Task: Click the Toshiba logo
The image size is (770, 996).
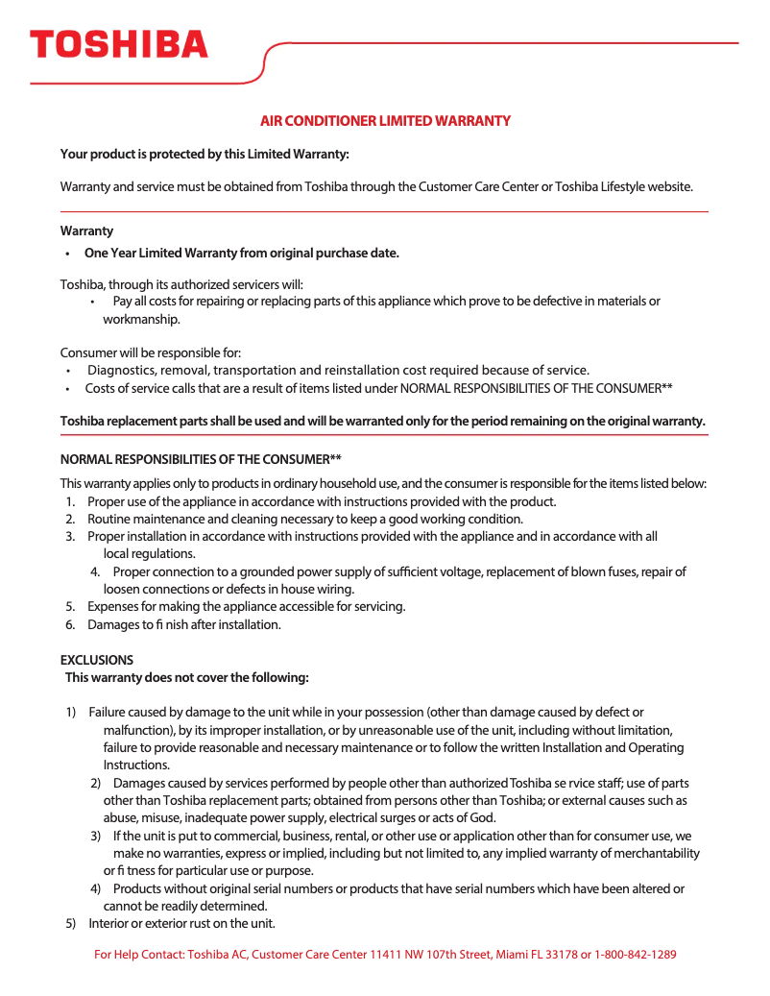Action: [x=118, y=44]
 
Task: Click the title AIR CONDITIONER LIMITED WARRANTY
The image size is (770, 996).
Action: [x=385, y=121]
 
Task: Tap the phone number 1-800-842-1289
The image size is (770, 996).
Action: [x=636, y=955]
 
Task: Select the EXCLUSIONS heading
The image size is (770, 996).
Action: [x=97, y=660]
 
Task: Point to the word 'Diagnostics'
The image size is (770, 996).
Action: [x=121, y=370]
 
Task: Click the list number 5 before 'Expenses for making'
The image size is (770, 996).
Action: [x=70, y=606]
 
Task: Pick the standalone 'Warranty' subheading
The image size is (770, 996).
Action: [x=86, y=231]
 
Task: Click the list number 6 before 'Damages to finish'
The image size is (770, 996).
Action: [x=70, y=624]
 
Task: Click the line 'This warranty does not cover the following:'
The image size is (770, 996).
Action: [x=187, y=677]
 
